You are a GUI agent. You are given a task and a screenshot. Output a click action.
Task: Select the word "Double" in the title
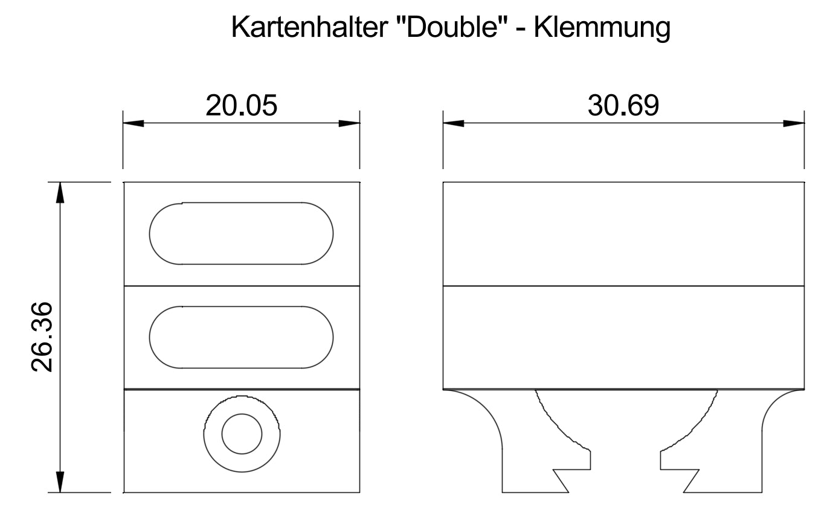[451, 27]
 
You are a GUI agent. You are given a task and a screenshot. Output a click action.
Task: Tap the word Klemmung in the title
[602, 28]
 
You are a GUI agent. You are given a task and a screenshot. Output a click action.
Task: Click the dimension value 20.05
[241, 106]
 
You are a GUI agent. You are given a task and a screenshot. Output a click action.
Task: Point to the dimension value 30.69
[623, 106]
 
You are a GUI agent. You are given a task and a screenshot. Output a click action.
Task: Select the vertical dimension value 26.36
[44, 338]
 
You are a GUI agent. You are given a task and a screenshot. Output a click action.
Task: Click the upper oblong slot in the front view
[241, 234]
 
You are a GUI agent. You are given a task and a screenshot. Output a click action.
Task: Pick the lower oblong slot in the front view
[241, 337]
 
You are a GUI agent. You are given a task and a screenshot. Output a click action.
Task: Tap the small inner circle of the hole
[242, 434]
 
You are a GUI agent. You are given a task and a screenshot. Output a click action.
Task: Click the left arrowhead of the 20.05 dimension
[133, 123]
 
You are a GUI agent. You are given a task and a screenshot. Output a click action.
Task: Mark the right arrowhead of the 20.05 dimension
[350, 123]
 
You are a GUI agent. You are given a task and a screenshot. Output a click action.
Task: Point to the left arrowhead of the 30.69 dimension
[453, 123]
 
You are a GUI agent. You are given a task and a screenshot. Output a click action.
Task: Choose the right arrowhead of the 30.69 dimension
[794, 123]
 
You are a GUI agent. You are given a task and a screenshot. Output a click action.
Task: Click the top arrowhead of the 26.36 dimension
[60, 192]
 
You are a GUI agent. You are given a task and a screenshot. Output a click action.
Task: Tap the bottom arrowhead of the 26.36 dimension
[60, 483]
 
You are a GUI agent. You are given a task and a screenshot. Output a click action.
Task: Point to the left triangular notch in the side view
[562, 480]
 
